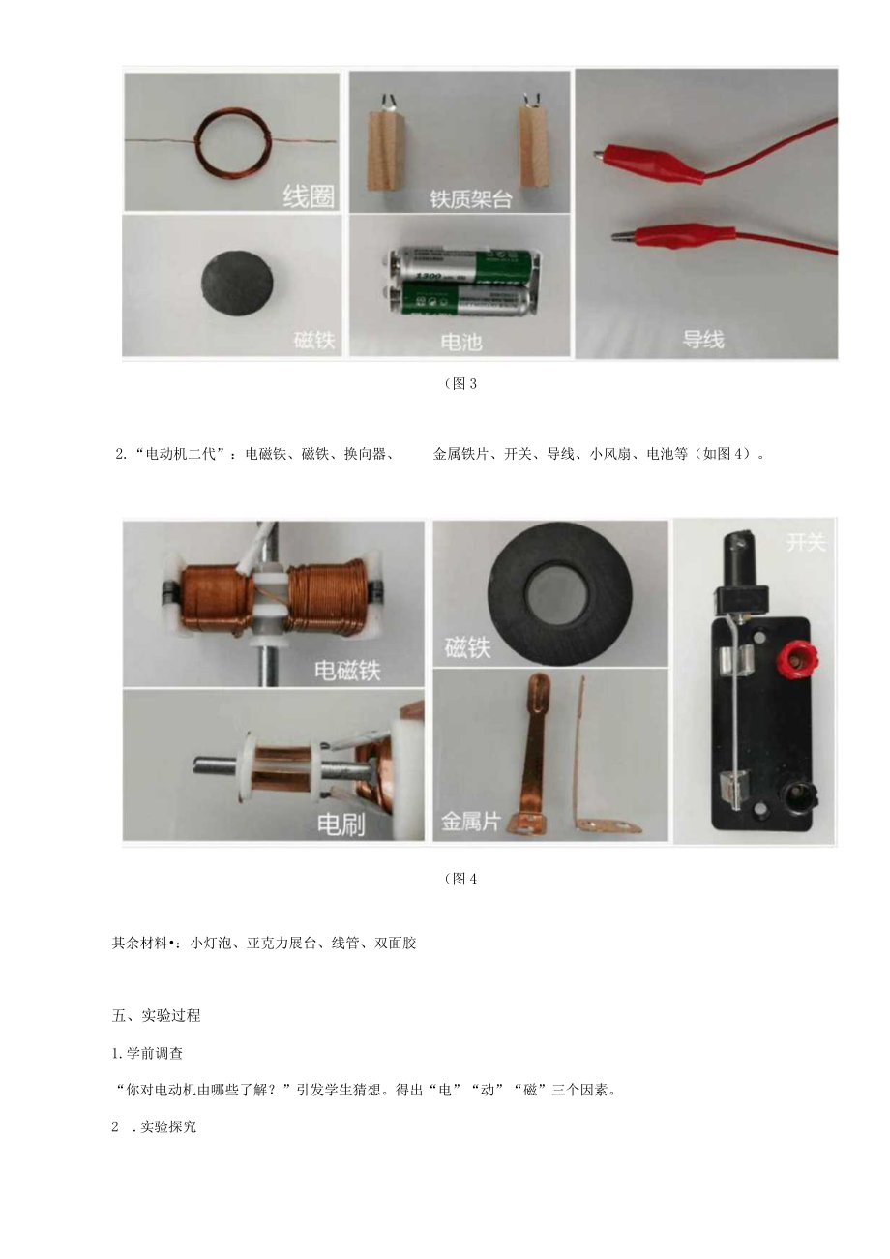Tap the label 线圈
click(x=309, y=196)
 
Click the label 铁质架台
click(x=470, y=199)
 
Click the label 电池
click(x=461, y=342)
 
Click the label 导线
click(x=703, y=340)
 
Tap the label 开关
click(x=805, y=542)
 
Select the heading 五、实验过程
click(x=156, y=1015)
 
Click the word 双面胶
click(x=395, y=943)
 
